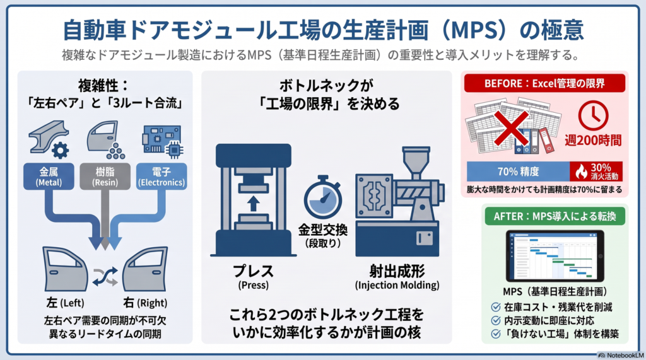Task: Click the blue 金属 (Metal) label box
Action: [x=49, y=177]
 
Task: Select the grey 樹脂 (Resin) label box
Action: [x=105, y=177]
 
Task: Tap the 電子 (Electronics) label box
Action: [x=161, y=177]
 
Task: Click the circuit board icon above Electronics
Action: [x=162, y=141]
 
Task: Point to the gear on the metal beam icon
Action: [x=61, y=151]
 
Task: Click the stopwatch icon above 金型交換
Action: [x=323, y=197]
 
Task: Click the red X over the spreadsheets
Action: [x=511, y=128]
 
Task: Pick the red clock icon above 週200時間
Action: [x=593, y=116]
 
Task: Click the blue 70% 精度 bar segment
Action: [x=519, y=171]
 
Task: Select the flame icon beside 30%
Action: [x=581, y=171]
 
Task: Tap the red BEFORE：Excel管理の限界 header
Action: [x=544, y=84]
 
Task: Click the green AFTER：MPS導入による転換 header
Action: [x=555, y=216]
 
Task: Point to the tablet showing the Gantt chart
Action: [x=555, y=256]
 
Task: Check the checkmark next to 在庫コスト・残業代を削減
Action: [x=496, y=307]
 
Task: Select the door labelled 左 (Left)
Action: [x=66, y=269]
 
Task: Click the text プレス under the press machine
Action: [x=254, y=272]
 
